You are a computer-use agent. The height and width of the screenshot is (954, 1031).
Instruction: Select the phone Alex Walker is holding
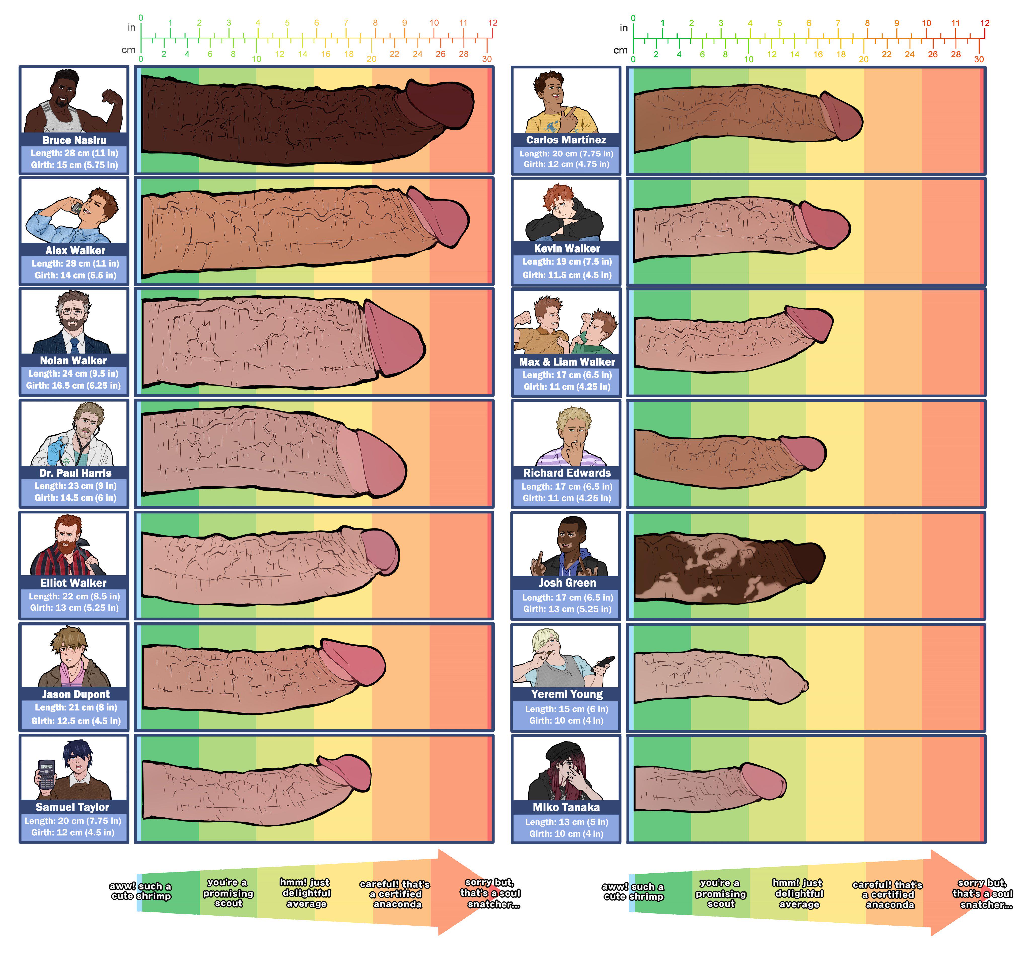76,208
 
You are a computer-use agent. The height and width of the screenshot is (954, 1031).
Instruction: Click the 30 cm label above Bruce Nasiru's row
487,59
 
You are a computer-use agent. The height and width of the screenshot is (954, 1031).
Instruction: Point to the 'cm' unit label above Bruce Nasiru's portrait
128,50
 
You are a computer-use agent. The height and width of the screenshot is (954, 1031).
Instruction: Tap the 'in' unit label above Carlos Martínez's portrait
623,28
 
